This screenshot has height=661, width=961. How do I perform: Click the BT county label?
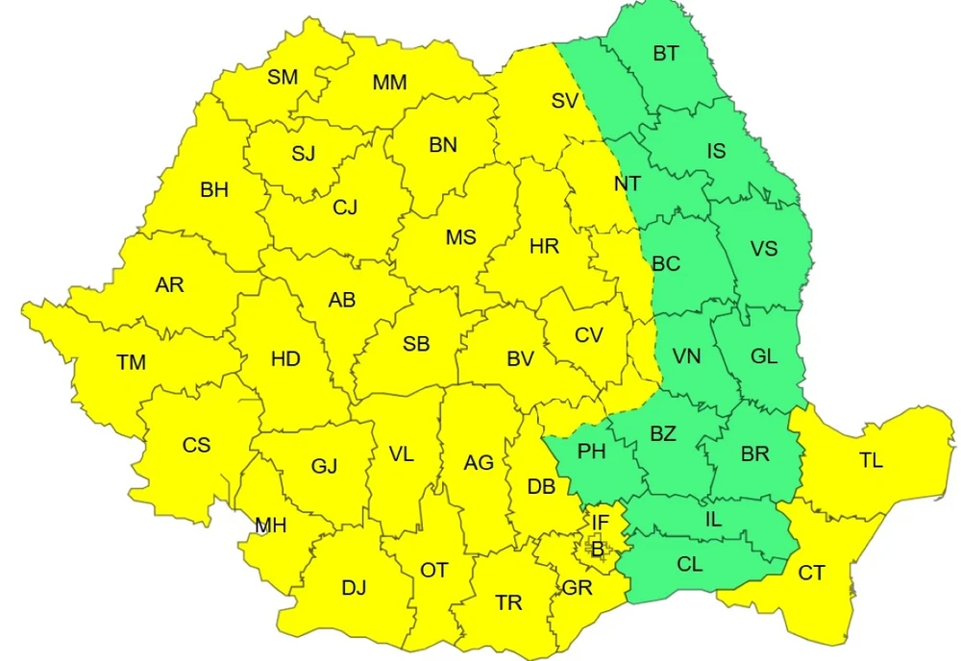pyautogui.click(x=665, y=54)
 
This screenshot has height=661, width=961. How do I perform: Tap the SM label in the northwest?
pyautogui.click(x=283, y=78)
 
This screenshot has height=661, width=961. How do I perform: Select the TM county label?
pyautogui.click(x=132, y=363)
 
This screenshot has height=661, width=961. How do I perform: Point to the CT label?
pyautogui.click(x=812, y=574)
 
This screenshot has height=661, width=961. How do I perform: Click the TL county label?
pyautogui.click(x=871, y=460)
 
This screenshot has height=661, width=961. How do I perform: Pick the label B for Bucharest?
pyautogui.click(x=597, y=550)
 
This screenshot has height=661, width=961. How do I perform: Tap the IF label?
pyautogui.click(x=601, y=523)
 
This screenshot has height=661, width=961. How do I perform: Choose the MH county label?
pyautogui.click(x=271, y=526)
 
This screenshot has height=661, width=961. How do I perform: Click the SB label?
pyautogui.click(x=416, y=344)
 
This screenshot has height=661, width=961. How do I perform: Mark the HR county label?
pyautogui.click(x=544, y=247)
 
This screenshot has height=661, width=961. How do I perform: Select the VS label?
pyautogui.click(x=764, y=249)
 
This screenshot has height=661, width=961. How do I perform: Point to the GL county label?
pyautogui.click(x=764, y=357)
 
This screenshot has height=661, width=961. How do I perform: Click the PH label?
pyautogui.click(x=591, y=451)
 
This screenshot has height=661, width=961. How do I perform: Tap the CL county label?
pyautogui.click(x=689, y=565)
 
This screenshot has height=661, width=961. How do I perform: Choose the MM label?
pyautogui.click(x=389, y=83)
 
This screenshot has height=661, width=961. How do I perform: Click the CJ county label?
pyautogui.click(x=345, y=207)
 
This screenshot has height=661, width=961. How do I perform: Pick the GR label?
pyautogui.click(x=578, y=588)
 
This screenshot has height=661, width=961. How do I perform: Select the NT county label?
pyautogui.click(x=627, y=183)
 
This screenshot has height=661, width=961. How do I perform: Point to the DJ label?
pyautogui.click(x=354, y=588)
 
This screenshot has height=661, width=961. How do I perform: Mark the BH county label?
pyautogui.click(x=214, y=190)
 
